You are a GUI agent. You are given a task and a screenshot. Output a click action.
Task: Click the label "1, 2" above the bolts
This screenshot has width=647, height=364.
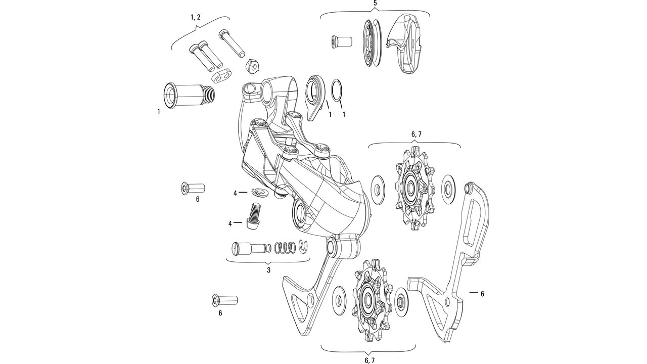point(195,17)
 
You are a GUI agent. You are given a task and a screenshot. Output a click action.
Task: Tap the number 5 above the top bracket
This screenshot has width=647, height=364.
point(375,4)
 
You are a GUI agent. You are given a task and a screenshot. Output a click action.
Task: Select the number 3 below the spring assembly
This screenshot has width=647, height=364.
point(268,270)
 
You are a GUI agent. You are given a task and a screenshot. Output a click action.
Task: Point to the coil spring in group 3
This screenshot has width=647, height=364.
point(285,248)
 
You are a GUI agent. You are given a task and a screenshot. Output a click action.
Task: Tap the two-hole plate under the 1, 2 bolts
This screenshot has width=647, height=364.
point(220,74)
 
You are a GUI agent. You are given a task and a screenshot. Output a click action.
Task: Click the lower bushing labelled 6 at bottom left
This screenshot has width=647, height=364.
point(223,300)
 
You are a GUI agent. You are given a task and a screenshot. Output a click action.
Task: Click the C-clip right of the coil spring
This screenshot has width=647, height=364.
point(303,245)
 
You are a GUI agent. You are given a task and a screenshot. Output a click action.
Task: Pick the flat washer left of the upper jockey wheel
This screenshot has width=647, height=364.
point(377,188)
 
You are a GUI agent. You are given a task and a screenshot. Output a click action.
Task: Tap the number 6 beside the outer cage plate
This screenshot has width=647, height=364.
point(482,294)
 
